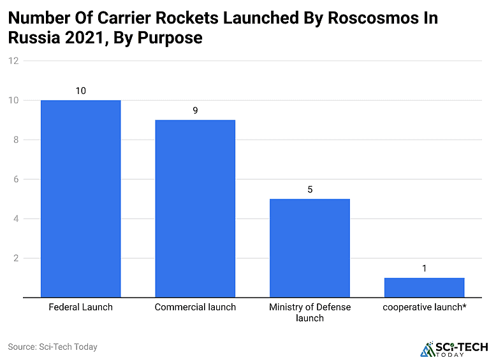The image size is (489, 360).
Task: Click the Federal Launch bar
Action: [80, 199]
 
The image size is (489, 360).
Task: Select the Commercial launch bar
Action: [195, 209]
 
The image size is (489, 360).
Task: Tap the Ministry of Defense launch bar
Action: [310, 248]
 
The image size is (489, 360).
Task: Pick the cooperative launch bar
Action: [424, 288]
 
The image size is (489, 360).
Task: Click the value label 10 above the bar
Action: [80, 90]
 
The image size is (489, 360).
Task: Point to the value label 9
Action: [195, 110]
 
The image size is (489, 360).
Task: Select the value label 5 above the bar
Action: [310, 189]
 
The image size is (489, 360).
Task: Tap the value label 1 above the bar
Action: [424, 268]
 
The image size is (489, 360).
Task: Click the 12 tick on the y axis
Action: [13, 61]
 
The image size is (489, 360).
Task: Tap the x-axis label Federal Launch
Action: [80, 307]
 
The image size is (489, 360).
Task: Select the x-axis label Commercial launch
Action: [195, 307]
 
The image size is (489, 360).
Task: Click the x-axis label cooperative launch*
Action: [424, 307]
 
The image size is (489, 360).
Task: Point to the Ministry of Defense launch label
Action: [310, 312]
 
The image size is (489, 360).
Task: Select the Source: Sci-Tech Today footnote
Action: [52, 347]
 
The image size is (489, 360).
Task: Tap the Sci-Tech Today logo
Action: [454, 349]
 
